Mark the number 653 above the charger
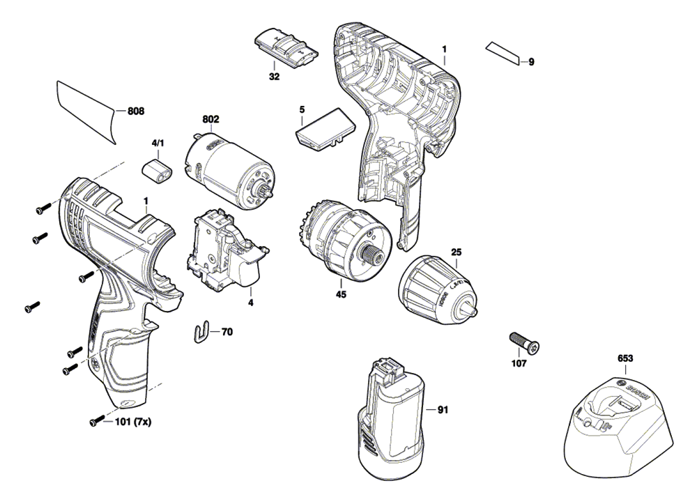tap(625, 358)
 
